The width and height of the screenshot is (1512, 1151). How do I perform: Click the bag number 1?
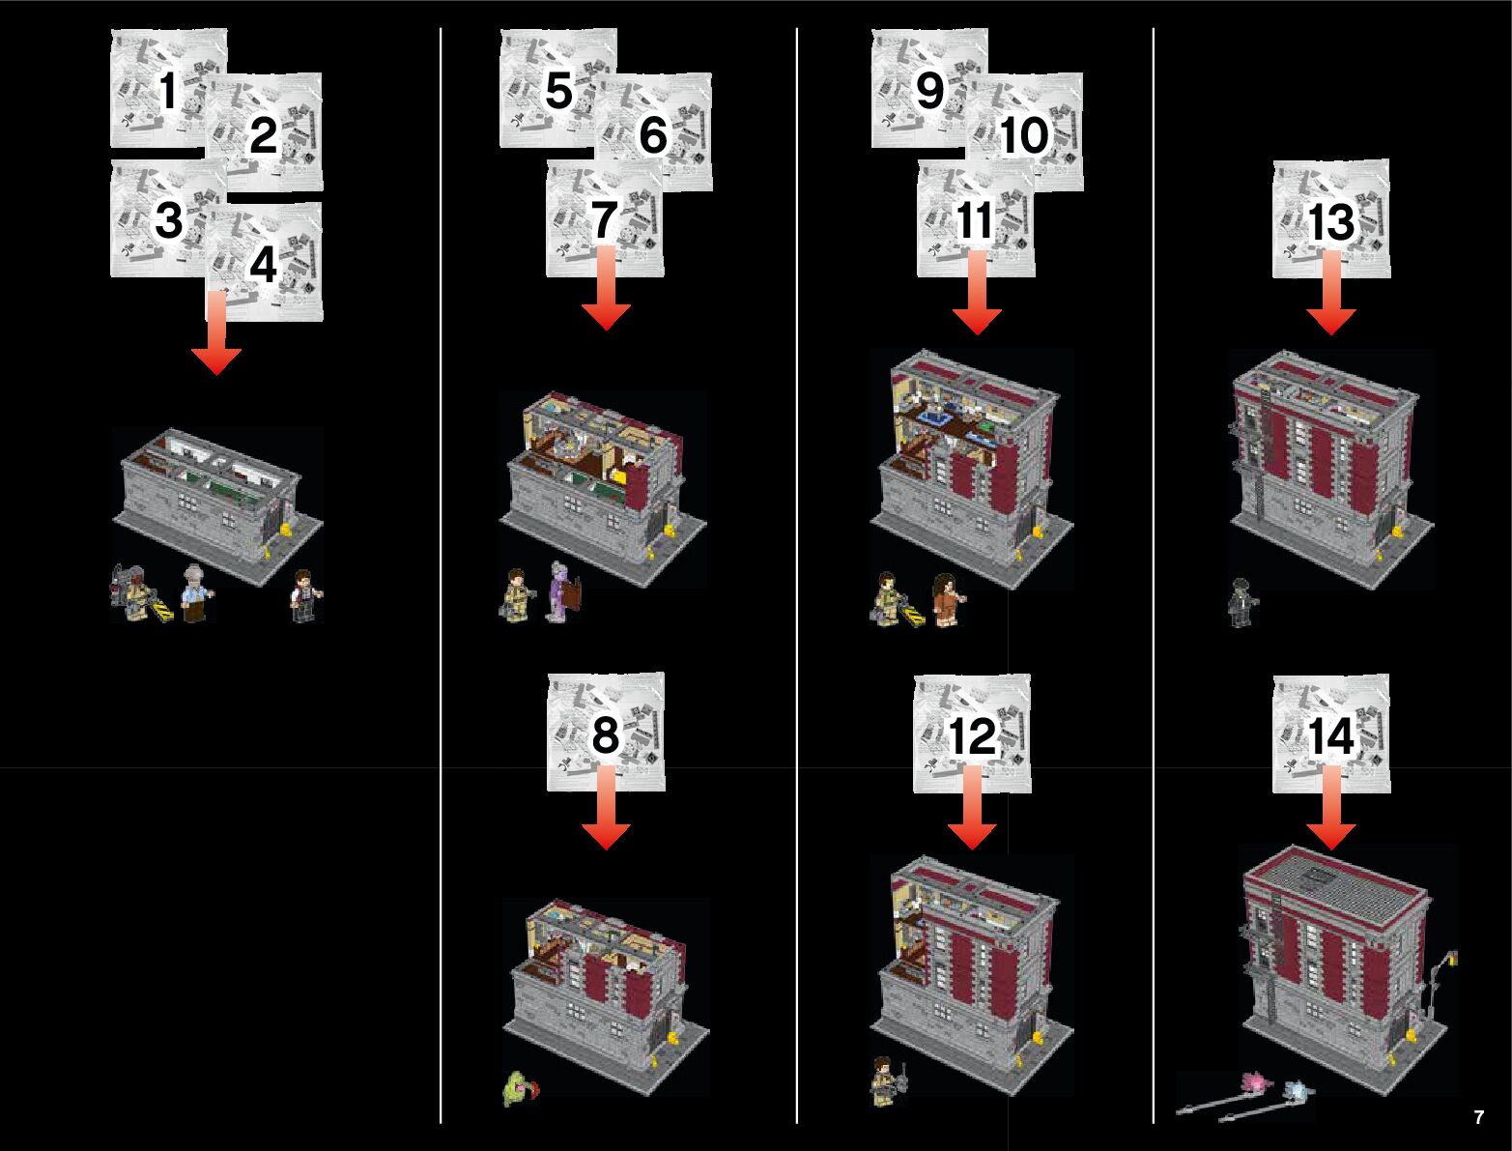click(168, 93)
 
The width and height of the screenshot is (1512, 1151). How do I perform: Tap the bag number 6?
click(653, 134)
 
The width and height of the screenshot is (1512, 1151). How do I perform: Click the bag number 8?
click(605, 734)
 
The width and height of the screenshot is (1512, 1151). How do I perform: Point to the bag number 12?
click(972, 737)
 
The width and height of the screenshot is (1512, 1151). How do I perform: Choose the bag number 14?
click(1331, 737)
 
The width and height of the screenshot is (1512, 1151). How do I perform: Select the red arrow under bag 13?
click(1331, 295)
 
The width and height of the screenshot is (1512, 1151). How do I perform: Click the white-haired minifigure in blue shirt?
click(197, 592)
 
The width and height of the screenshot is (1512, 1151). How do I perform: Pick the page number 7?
click(1479, 1118)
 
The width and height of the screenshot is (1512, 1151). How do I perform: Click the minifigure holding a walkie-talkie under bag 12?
click(884, 1082)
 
